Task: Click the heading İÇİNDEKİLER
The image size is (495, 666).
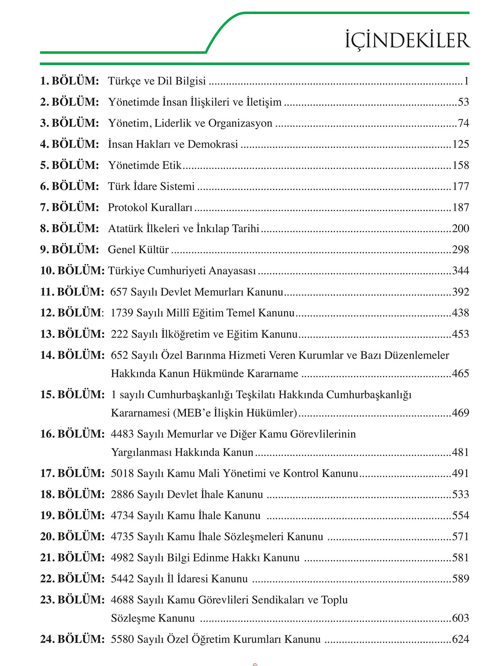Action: [407, 40]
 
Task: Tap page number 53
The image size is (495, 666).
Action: [463, 102]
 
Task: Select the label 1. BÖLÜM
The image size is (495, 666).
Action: [69, 81]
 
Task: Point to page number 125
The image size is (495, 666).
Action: [460, 144]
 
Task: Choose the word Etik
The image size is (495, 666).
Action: [172, 165]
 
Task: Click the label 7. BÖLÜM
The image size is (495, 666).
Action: [69, 207]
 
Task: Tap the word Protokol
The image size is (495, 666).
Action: [128, 207]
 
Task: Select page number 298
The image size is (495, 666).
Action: [460, 250]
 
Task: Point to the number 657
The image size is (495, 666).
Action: [119, 292]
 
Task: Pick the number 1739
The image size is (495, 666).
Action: [122, 313]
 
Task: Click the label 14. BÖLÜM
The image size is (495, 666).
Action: [72, 355]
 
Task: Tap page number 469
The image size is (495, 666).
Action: [460, 413]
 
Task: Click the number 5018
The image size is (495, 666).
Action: [122, 474]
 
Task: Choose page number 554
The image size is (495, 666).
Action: [460, 516]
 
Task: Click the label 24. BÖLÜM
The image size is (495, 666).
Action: [72, 639]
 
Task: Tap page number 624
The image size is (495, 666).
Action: [460, 639]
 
